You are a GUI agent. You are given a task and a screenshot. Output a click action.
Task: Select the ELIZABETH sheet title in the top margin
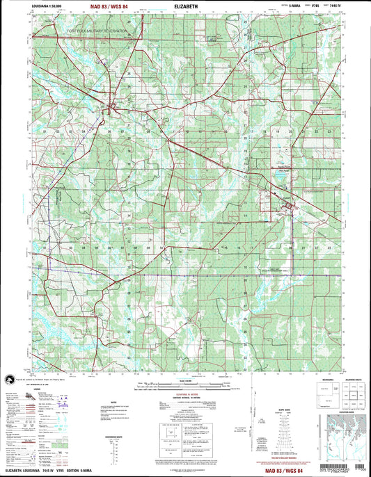[x=185, y=8]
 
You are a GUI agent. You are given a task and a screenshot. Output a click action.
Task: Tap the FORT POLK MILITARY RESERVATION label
[x=97, y=32]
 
